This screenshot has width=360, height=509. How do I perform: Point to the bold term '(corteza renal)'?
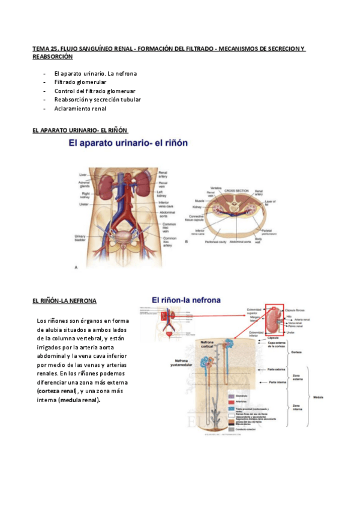tap(57, 391)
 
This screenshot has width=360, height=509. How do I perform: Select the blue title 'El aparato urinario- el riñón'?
tap(128, 143)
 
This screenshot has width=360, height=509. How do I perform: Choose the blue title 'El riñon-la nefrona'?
tap(186, 300)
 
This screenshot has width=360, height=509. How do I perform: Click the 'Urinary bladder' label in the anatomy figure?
tap(80, 238)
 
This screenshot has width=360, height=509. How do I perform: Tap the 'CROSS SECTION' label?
tap(236, 190)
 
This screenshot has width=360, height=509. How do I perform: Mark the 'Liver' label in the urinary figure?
tap(83, 175)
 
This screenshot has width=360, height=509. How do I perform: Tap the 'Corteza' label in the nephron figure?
tap(295, 352)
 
